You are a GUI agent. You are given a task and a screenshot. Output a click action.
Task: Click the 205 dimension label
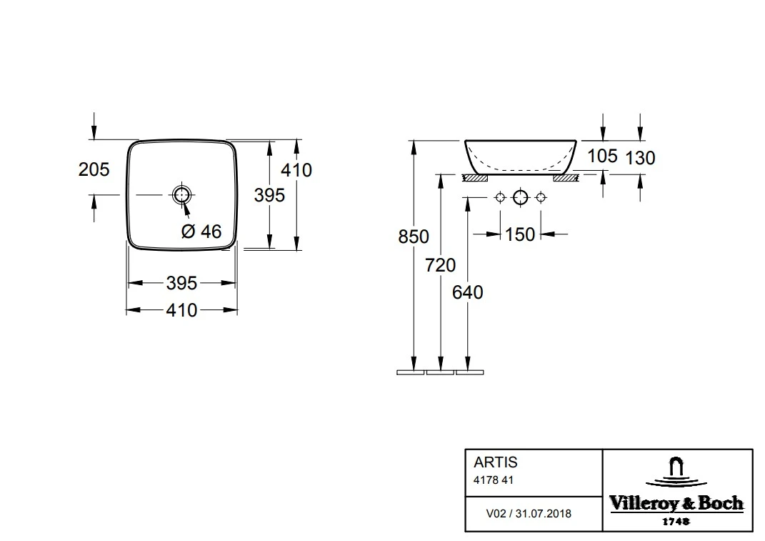(94, 169)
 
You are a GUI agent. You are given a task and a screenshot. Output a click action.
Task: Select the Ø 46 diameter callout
(201, 231)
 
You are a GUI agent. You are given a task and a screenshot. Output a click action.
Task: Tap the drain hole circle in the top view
(181, 195)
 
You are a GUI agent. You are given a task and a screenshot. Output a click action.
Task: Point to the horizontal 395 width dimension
(181, 283)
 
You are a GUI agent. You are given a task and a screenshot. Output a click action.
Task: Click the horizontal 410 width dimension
(181, 310)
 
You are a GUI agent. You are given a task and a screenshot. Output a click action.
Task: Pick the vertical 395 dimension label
(269, 195)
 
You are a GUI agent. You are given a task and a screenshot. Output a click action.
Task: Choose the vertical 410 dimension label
(296, 170)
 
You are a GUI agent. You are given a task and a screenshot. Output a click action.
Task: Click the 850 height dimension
(414, 237)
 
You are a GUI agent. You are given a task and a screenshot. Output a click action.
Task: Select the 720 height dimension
(441, 265)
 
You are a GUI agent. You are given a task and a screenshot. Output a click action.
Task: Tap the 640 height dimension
(468, 292)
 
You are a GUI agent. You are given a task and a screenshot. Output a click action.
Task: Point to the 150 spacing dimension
(520, 234)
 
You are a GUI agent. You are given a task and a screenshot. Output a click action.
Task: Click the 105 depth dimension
(603, 157)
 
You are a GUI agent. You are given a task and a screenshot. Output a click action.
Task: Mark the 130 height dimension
(640, 158)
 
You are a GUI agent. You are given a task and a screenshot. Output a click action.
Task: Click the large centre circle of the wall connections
(520, 197)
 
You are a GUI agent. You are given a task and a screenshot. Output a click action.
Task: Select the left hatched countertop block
(475, 178)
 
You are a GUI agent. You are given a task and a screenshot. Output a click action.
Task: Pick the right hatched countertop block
(566, 178)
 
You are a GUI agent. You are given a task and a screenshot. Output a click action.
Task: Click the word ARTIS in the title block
(496, 462)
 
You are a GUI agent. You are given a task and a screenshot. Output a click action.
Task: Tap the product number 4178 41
(494, 480)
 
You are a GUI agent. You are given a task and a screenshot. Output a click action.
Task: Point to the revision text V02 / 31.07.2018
(529, 514)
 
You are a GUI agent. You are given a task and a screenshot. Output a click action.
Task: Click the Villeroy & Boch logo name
(676, 503)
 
